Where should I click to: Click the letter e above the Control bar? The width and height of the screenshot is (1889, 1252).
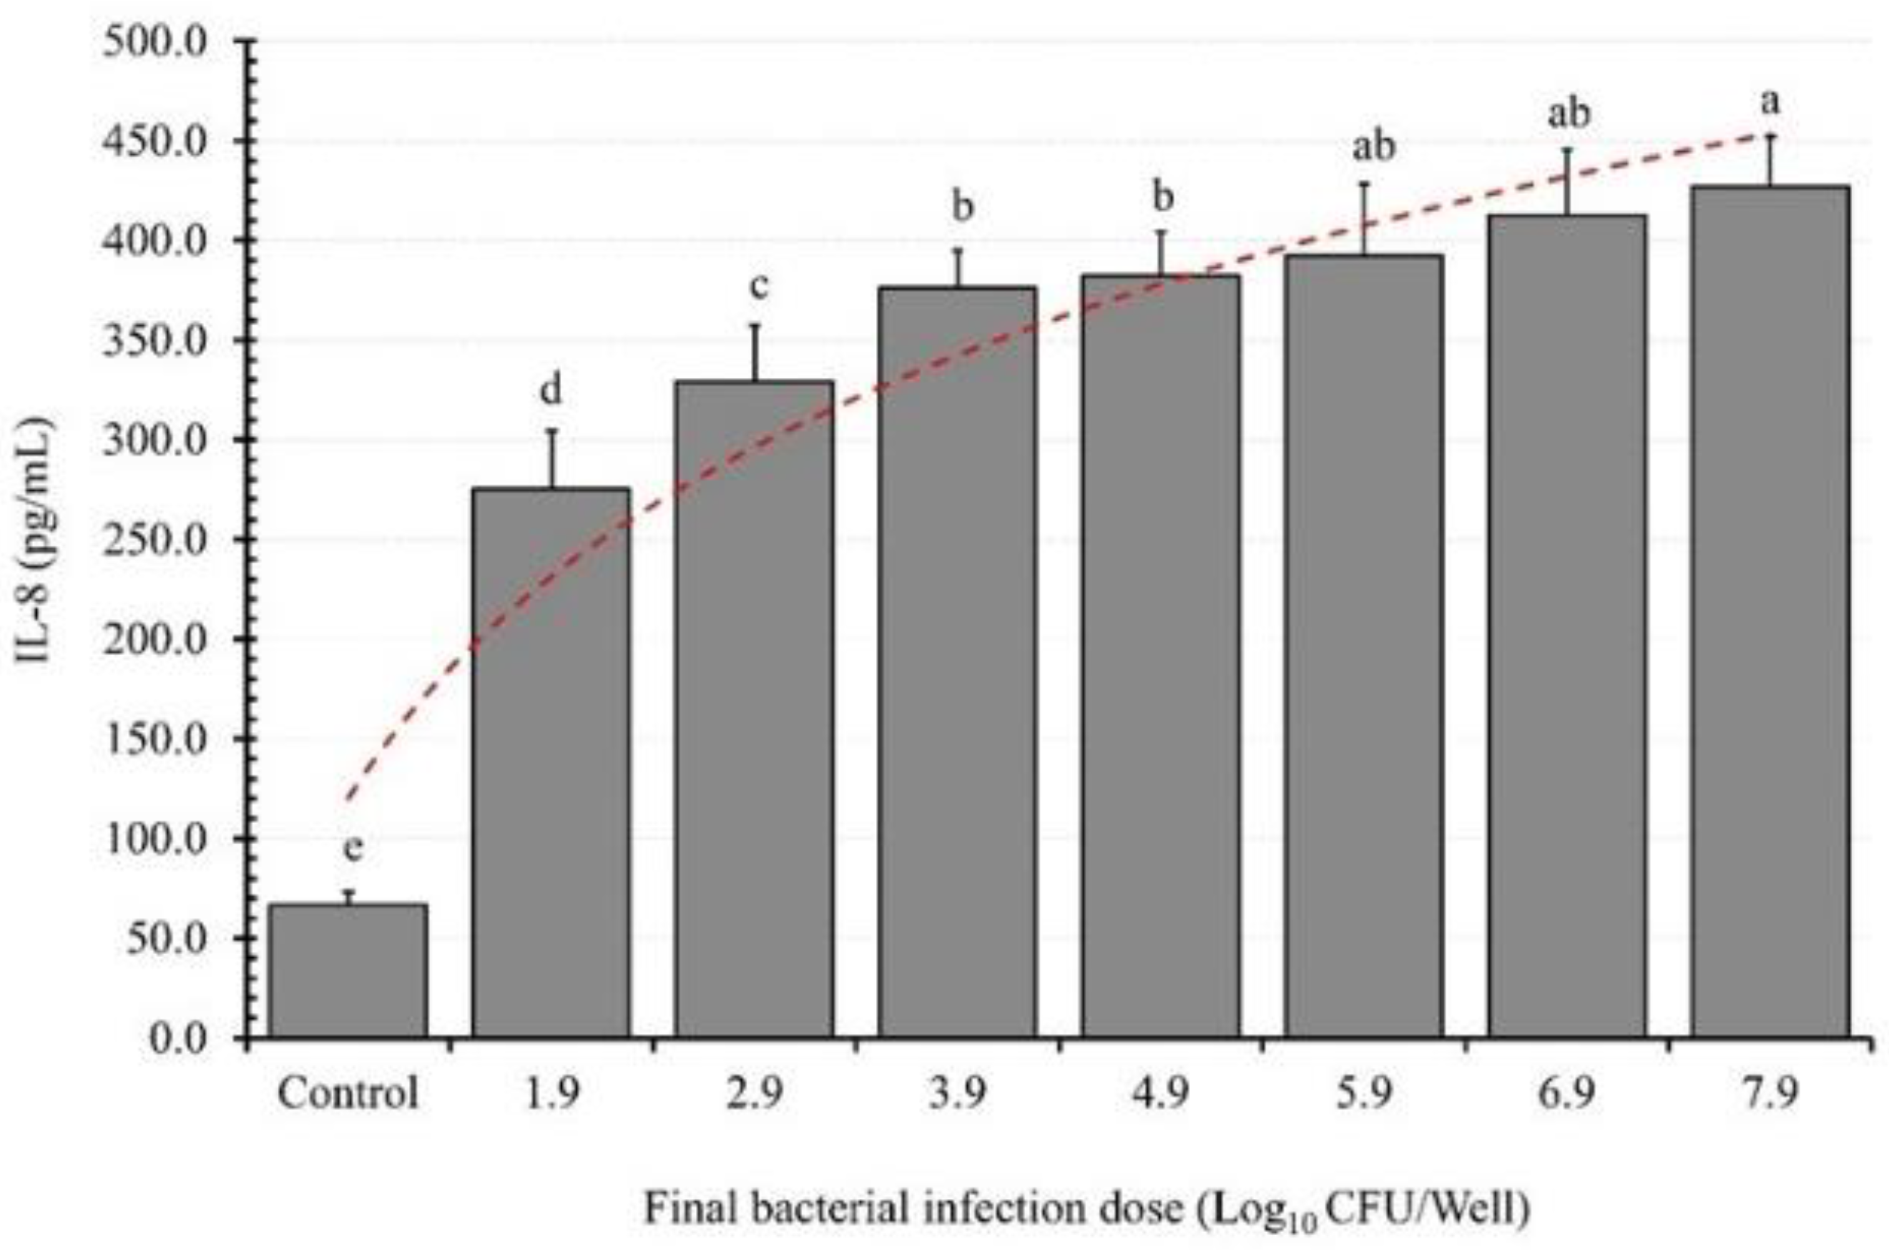pos(353,849)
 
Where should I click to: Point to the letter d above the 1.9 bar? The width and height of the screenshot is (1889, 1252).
pos(551,392)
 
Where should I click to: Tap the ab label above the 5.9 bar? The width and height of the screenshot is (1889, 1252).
pos(1373,146)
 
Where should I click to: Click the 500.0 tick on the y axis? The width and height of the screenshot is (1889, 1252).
pos(155,41)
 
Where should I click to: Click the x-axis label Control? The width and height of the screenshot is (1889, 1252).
pos(348,1093)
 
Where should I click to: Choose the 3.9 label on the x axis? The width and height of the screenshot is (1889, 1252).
pos(958,1093)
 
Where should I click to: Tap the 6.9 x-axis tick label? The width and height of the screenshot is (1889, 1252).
pos(1567,1093)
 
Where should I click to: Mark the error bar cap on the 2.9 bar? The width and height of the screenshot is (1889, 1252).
pos(754,325)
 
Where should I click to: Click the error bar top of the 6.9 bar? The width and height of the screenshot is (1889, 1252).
pos(1567,149)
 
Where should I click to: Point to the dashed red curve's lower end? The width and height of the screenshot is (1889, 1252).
pos(346,799)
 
